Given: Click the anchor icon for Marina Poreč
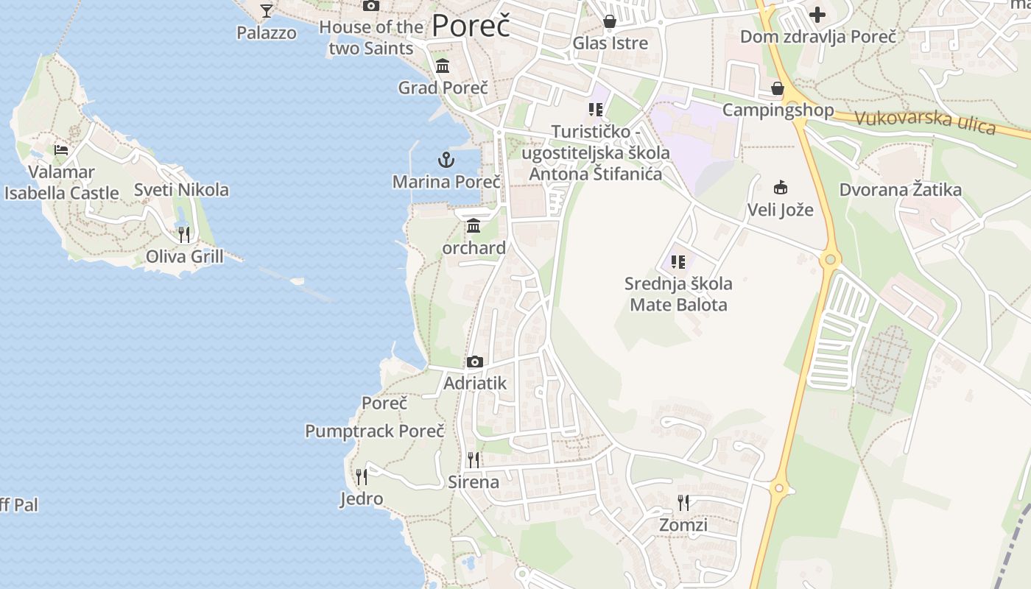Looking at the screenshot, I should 446,159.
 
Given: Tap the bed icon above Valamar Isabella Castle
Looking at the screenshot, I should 61,150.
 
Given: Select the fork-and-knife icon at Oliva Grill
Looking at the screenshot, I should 184,235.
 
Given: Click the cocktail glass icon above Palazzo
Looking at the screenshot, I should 267,10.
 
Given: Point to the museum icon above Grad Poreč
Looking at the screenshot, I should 443,66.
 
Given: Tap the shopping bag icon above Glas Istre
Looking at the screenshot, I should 610,21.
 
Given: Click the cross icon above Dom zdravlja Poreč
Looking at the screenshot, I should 817,15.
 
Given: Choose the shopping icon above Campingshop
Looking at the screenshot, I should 778,89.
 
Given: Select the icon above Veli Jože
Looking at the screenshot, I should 781,187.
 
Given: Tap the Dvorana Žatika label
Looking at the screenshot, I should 900,190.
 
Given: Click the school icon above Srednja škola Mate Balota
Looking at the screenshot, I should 678,261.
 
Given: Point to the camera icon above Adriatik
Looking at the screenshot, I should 475,361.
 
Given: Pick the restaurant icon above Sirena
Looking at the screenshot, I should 474,460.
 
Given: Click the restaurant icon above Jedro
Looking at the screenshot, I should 362,477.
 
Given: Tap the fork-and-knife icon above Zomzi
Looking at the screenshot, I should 683,503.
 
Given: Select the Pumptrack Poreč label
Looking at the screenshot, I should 375,431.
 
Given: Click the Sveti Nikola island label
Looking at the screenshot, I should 181,190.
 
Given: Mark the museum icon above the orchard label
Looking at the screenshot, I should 474,226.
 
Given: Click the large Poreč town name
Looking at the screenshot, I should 471,26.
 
